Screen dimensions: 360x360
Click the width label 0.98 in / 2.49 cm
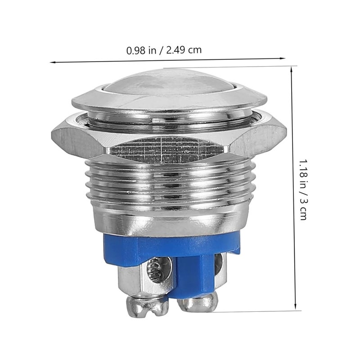164,50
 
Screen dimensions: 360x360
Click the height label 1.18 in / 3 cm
303,189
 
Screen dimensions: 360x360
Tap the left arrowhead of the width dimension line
52,62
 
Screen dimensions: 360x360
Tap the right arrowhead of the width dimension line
283,58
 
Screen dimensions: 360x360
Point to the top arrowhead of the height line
292,69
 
